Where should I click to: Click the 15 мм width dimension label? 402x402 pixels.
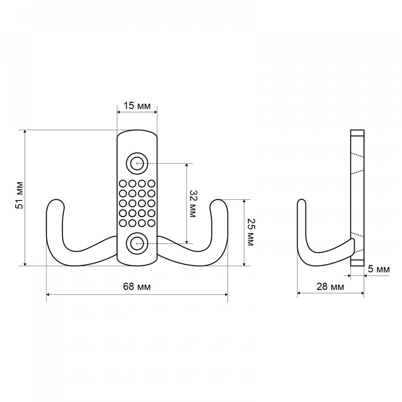point(137,105)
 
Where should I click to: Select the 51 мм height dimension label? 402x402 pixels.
point(20,195)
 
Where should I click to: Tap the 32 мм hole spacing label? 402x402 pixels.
point(193,204)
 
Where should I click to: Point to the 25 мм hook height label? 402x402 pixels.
point(250,232)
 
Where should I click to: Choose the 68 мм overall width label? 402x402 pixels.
point(137,286)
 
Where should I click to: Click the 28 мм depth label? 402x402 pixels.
point(330,286)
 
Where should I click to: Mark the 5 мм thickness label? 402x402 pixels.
point(379,269)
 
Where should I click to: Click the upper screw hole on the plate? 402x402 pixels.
point(137,163)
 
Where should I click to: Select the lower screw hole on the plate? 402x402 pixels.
point(137,243)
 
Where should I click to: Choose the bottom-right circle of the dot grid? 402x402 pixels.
point(151,223)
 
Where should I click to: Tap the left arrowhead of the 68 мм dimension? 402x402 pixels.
point(49,294)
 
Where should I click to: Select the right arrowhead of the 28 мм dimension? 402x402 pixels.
point(361,293)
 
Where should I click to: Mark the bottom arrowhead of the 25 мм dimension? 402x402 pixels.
point(244,263)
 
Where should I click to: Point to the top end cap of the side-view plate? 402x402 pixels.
point(357,132)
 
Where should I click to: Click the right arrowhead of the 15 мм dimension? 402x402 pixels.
point(155,112)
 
